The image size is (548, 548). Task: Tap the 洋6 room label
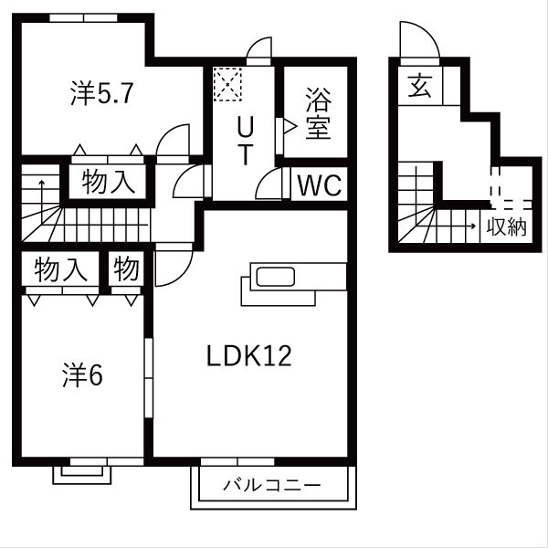pyautogui.click(x=82, y=374)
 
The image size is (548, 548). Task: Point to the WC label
pyautogui.click(x=319, y=186)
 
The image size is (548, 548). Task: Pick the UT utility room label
pyautogui.click(x=245, y=140)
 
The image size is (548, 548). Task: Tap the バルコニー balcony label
pyautogui.click(x=272, y=485)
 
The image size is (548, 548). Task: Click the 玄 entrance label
pyautogui.click(x=419, y=88)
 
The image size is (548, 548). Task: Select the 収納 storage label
pyautogui.click(x=506, y=227)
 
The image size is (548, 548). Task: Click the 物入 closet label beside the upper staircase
pyautogui.click(x=109, y=182)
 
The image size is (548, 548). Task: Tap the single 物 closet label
pyautogui.click(x=127, y=270)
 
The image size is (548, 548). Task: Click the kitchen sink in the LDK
pyautogui.click(x=273, y=278)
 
